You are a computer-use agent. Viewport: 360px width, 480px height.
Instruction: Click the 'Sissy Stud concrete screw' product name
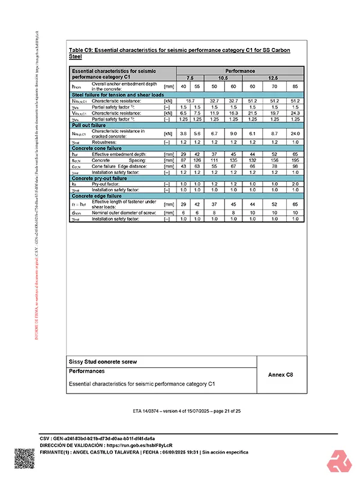[103, 362]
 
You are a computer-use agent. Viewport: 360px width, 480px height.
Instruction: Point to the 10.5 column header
[223, 78]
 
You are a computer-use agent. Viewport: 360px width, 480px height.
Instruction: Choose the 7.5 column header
[190, 78]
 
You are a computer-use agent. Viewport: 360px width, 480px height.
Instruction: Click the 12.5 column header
[273, 78]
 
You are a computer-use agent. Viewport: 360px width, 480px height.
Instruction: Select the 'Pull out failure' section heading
[89, 125]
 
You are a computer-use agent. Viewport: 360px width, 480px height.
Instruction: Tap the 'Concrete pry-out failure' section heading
[100, 178]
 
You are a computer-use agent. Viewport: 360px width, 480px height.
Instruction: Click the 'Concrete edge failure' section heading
[97, 196]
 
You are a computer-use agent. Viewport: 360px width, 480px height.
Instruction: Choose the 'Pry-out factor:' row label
[108, 184]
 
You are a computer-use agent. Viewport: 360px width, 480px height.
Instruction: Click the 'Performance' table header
[239, 71]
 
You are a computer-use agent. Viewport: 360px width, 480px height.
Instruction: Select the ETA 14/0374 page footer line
[187, 411]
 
